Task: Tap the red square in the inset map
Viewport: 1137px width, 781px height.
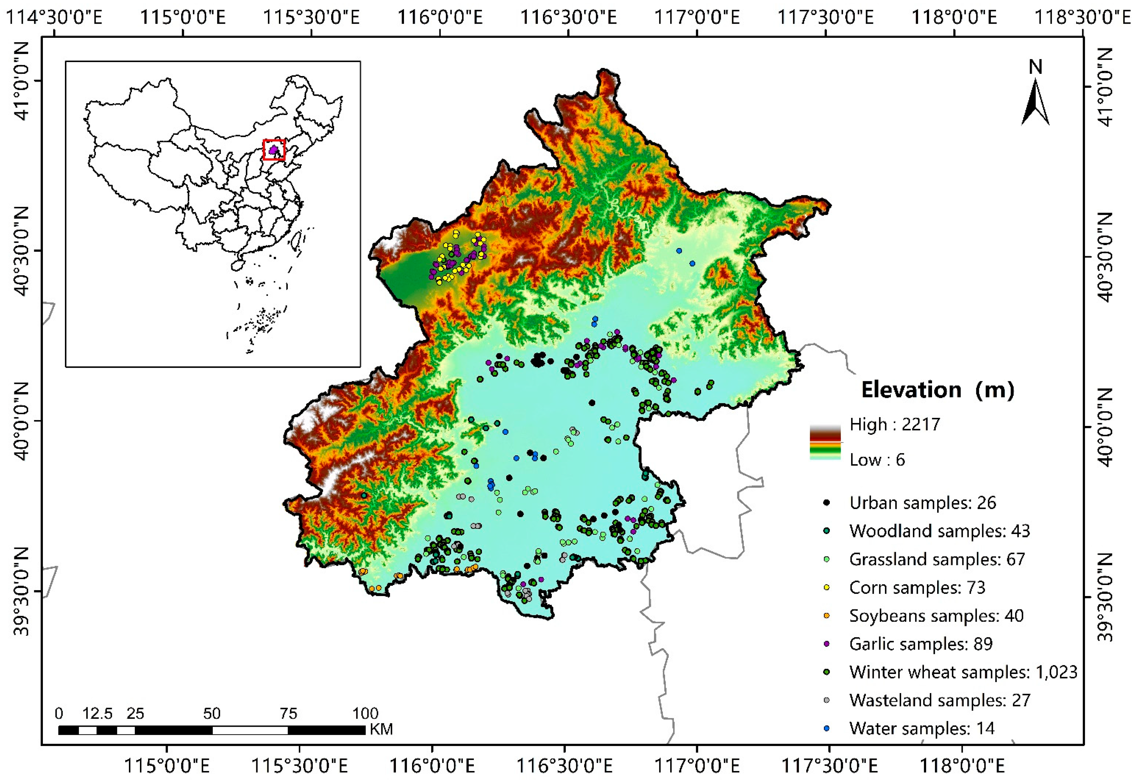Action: pos(274,150)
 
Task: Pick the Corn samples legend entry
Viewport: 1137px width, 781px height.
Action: pos(917,587)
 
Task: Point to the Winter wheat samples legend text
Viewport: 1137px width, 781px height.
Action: pos(963,672)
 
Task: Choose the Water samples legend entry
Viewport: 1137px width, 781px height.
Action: pos(922,728)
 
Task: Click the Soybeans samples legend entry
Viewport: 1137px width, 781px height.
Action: pos(936,615)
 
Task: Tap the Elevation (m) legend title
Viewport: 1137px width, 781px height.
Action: pos(937,390)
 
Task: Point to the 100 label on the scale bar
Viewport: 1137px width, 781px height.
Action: pos(365,714)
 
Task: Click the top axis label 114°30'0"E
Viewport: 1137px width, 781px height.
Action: pos(54,18)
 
